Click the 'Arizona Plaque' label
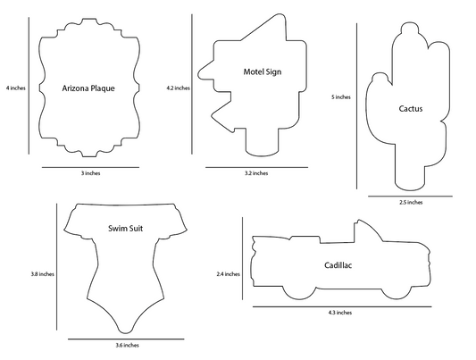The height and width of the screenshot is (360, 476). [x=88, y=88]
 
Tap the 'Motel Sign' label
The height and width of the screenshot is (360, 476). [x=263, y=72]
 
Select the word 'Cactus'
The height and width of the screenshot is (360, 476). [x=411, y=109]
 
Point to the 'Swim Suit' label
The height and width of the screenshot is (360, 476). [x=125, y=229]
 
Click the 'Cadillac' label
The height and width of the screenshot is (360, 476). [x=338, y=265]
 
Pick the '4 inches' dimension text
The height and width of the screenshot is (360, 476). [x=16, y=88]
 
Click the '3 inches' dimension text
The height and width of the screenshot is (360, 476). [x=90, y=173]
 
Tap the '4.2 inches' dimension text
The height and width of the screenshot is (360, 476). [x=179, y=88]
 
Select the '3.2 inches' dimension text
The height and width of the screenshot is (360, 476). [x=256, y=173]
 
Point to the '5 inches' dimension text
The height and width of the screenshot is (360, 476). [x=341, y=97]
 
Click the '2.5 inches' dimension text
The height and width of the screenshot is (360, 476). [x=411, y=202]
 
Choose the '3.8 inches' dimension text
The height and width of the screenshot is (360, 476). [x=42, y=274]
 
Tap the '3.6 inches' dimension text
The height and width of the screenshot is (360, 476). [x=127, y=345]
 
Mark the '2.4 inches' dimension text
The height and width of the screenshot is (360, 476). [x=229, y=274]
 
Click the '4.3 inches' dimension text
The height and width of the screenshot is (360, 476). [x=340, y=313]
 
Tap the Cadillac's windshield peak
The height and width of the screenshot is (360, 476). [x=359, y=220]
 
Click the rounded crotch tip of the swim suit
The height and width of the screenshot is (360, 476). [x=125, y=331]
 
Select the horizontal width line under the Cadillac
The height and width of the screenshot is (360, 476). [x=342, y=306]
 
